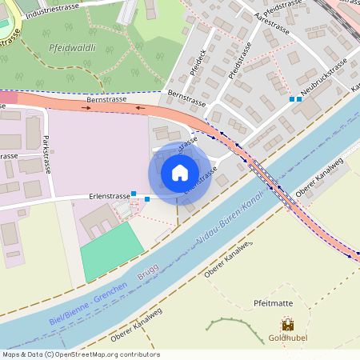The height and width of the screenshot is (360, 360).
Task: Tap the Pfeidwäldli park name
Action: click(72, 48)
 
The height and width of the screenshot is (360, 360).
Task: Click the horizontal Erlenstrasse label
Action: click(110, 196)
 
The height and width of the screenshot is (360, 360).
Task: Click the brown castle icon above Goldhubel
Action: click(287, 326)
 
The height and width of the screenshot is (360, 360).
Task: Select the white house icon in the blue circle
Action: click(180, 173)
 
